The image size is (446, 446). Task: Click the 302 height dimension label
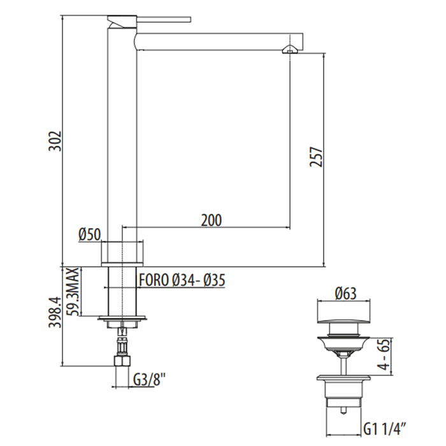point(55,141)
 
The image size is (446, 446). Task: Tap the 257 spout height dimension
point(316,157)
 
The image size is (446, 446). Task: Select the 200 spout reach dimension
point(212,220)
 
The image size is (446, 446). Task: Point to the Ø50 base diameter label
point(90,234)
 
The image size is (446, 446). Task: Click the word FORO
point(154,280)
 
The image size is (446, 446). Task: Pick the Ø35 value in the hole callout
point(215,280)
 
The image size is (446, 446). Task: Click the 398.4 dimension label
point(55,312)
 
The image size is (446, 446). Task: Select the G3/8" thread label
point(149,380)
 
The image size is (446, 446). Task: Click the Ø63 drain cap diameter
point(345,293)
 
